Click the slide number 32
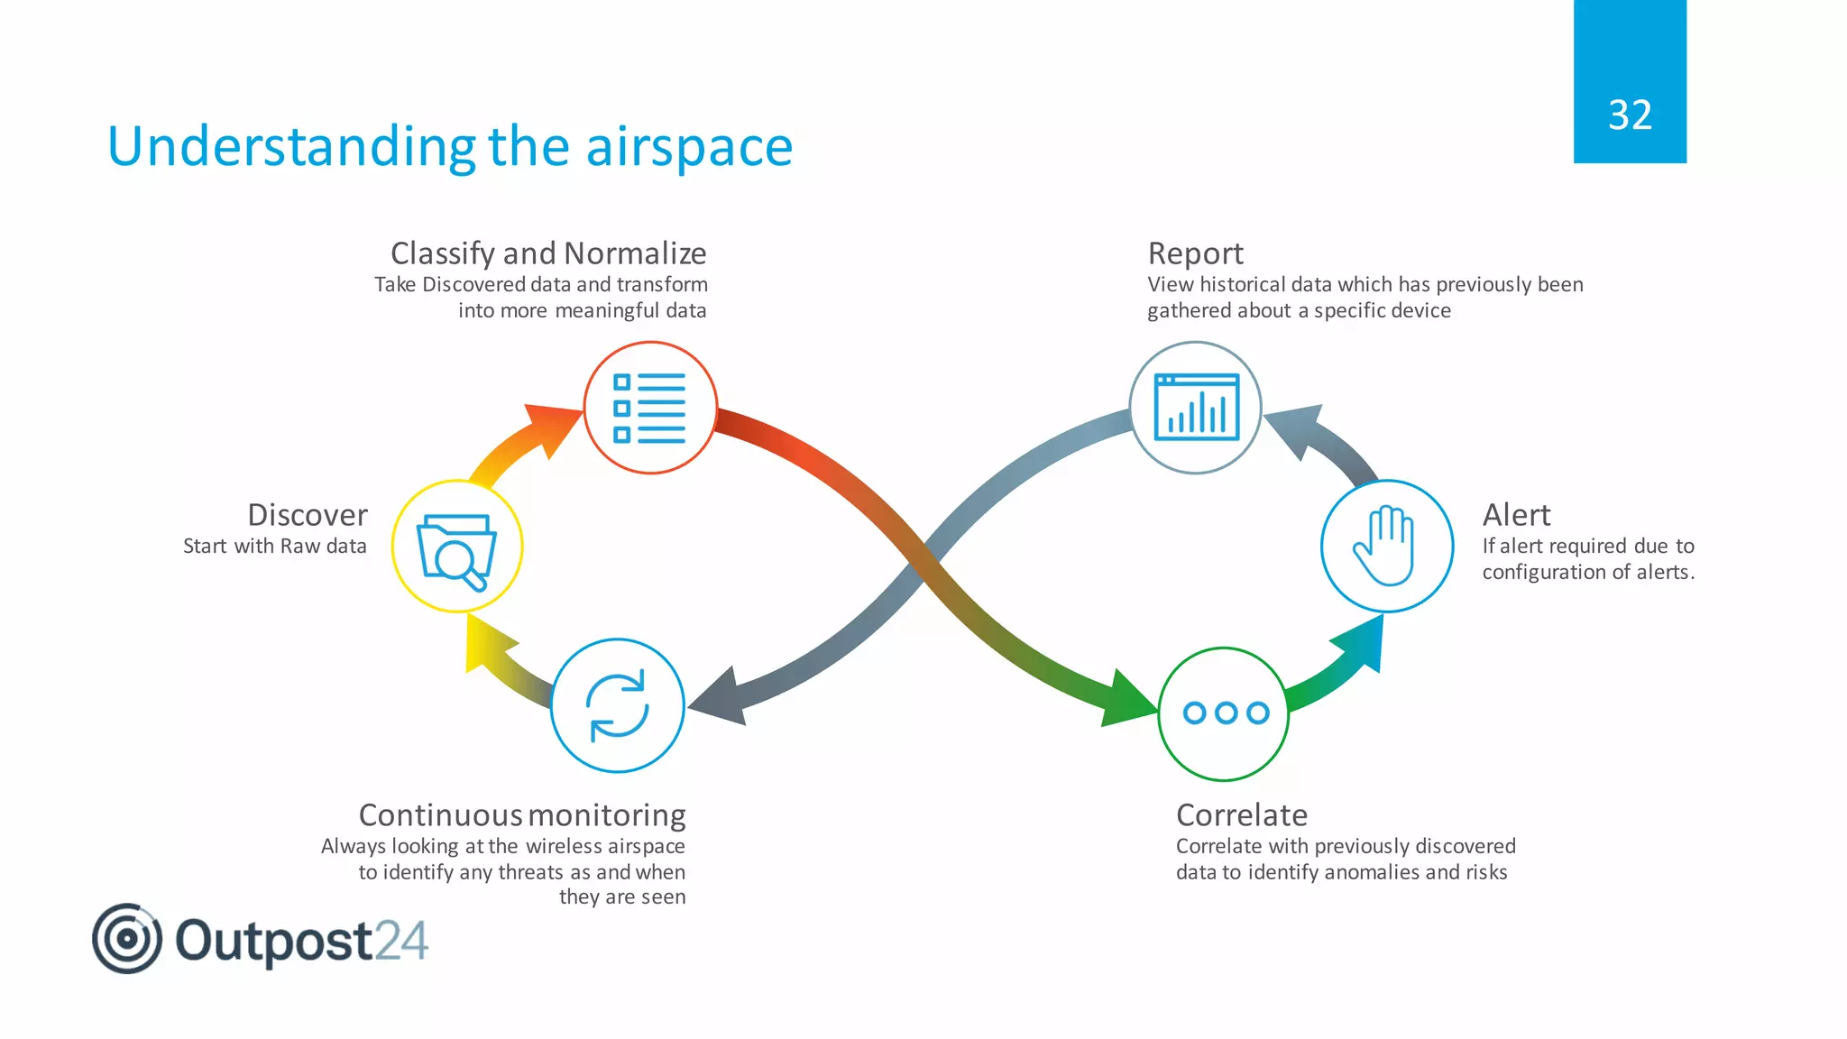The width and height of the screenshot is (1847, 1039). (1630, 115)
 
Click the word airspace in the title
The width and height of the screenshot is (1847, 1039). (689, 147)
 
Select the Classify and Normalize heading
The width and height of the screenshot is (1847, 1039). (548, 253)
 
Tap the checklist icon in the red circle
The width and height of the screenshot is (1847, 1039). (649, 408)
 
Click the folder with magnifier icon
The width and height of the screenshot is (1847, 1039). (457, 548)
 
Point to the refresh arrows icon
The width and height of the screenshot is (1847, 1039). (618, 705)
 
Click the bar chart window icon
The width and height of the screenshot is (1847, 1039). (1196, 407)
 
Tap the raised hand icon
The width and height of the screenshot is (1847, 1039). (1385, 545)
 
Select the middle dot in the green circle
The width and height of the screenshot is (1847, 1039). (1226, 713)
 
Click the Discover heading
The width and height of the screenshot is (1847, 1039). (308, 515)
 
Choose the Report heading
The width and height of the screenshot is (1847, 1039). (1195, 253)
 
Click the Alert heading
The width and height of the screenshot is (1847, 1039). (1516, 515)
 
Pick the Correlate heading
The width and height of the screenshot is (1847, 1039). (1241, 815)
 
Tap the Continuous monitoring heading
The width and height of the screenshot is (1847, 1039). (522, 815)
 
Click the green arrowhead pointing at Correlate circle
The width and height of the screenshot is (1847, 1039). (1127, 700)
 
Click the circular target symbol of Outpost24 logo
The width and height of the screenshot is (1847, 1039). (127, 939)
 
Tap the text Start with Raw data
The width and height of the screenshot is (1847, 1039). (274, 547)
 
